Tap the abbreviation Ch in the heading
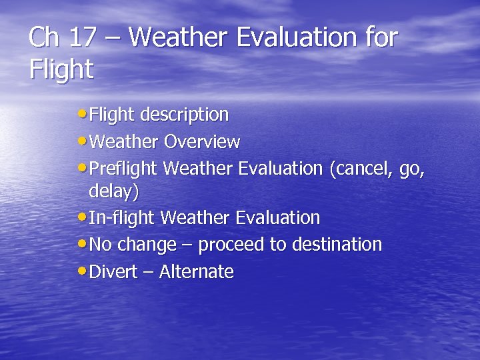pos(44,38)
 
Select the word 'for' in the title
pos(381,38)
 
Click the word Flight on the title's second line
pos(61,69)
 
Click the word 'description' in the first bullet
pos(183,115)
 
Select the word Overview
pos(202,142)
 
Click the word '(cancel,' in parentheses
pos(361,169)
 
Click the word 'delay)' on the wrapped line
pos(114,192)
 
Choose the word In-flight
pos(123,218)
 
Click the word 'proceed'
pos(231,245)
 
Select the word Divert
pos(113,272)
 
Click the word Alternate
pos(196,272)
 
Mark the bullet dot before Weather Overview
pos(81,141)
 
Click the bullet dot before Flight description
pos(81,114)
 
